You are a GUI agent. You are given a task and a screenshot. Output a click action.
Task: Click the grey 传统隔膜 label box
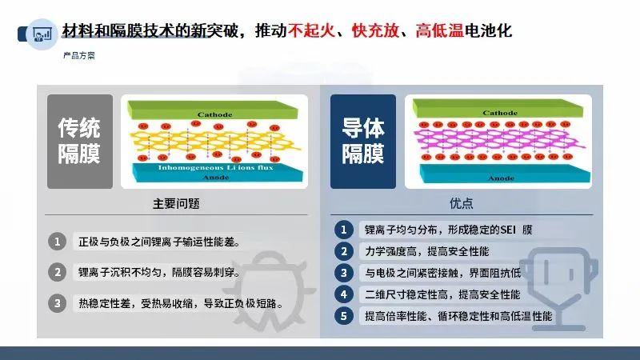[80, 142]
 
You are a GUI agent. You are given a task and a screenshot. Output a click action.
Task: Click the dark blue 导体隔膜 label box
[363, 142]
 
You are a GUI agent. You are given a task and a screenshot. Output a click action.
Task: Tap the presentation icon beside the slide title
[42, 34]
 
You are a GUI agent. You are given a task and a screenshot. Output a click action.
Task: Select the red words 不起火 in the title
[311, 30]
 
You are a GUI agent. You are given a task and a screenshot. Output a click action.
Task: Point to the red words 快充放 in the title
[375, 30]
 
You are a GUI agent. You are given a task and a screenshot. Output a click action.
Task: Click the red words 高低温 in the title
[439, 30]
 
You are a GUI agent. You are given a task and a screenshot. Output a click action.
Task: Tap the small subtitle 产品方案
[78, 55]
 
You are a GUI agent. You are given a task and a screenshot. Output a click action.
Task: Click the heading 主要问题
[176, 203]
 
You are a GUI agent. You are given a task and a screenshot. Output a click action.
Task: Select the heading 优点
[462, 203]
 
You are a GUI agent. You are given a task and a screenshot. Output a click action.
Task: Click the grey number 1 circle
[57, 242]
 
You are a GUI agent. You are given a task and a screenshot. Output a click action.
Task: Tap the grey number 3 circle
[57, 303]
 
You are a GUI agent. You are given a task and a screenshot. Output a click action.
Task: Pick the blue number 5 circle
[344, 316]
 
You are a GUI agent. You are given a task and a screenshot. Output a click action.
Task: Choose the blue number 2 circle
[344, 251]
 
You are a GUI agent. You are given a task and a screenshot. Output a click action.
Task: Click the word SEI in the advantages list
[508, 230]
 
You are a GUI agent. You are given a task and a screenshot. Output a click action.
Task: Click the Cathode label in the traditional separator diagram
[214, 114]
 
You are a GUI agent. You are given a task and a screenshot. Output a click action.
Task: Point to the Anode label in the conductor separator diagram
[501, 178]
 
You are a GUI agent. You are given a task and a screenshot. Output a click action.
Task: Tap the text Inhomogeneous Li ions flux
[215, 167]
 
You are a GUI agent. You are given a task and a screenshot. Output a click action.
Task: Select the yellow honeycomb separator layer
[215, 142]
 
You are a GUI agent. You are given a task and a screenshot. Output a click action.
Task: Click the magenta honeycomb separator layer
[498, 139]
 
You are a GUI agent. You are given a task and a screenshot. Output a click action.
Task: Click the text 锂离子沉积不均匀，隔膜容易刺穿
[158, 272]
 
